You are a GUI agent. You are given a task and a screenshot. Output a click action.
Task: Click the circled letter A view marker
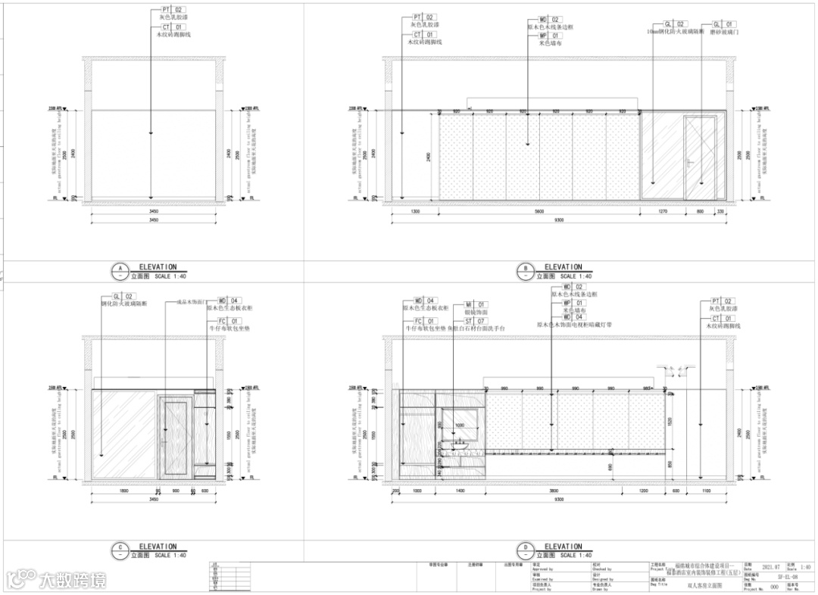[x=118, y=269]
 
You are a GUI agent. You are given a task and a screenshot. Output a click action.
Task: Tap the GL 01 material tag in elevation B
[x=720, y=25]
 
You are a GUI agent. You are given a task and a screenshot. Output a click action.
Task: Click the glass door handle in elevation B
[x=688, y=161]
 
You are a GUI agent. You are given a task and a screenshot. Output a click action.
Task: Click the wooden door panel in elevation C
[x=176, y=435]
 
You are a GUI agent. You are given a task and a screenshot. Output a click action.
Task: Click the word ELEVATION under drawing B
[x=564, y=266]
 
